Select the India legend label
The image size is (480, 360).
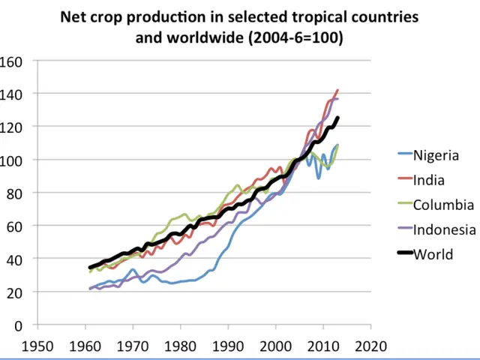pos(429,180)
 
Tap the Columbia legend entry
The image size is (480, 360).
pos(443,205)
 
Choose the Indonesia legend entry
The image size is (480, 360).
pos(445,229)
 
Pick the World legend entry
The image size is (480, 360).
pos(433,254)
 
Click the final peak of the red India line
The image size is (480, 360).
pos(337,90)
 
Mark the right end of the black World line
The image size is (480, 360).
pos(337,118)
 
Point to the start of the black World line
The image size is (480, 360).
pos(90,268)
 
